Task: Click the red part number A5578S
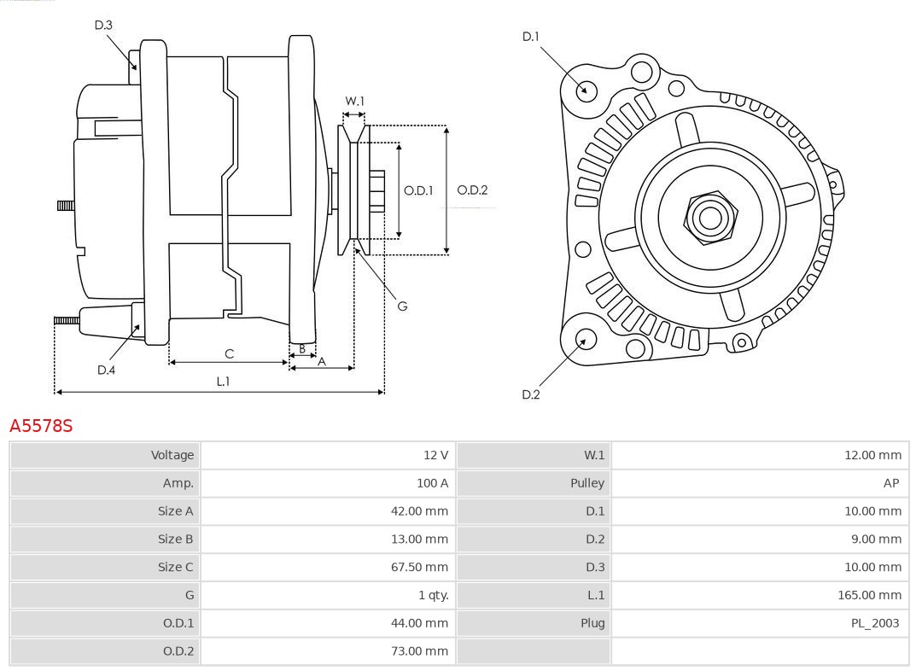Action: [x=41, y=425]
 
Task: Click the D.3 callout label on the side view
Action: [x=103, y=26]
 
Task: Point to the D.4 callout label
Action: [x=106, y=370]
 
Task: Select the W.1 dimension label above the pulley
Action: [x=354, y=102]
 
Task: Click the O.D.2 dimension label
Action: [x=472, y=190]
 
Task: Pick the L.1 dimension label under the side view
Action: [x=223, y=382]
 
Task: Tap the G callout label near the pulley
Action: [x=402, y=306]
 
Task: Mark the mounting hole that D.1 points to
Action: [x=586, y=90]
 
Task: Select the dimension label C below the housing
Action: [x=229, y=353]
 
